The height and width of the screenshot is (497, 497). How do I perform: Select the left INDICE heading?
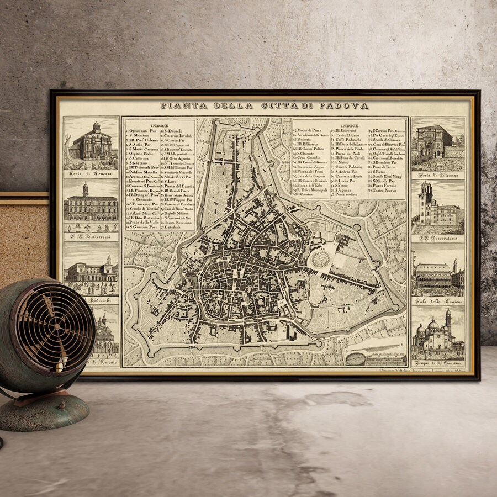(x=160, y=125)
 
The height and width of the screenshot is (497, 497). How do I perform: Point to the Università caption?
(x=91, y=237)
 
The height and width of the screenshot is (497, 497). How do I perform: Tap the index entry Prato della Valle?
(x=142, y=221)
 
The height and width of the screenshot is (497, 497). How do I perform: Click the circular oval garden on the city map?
(x=320, y=258)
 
